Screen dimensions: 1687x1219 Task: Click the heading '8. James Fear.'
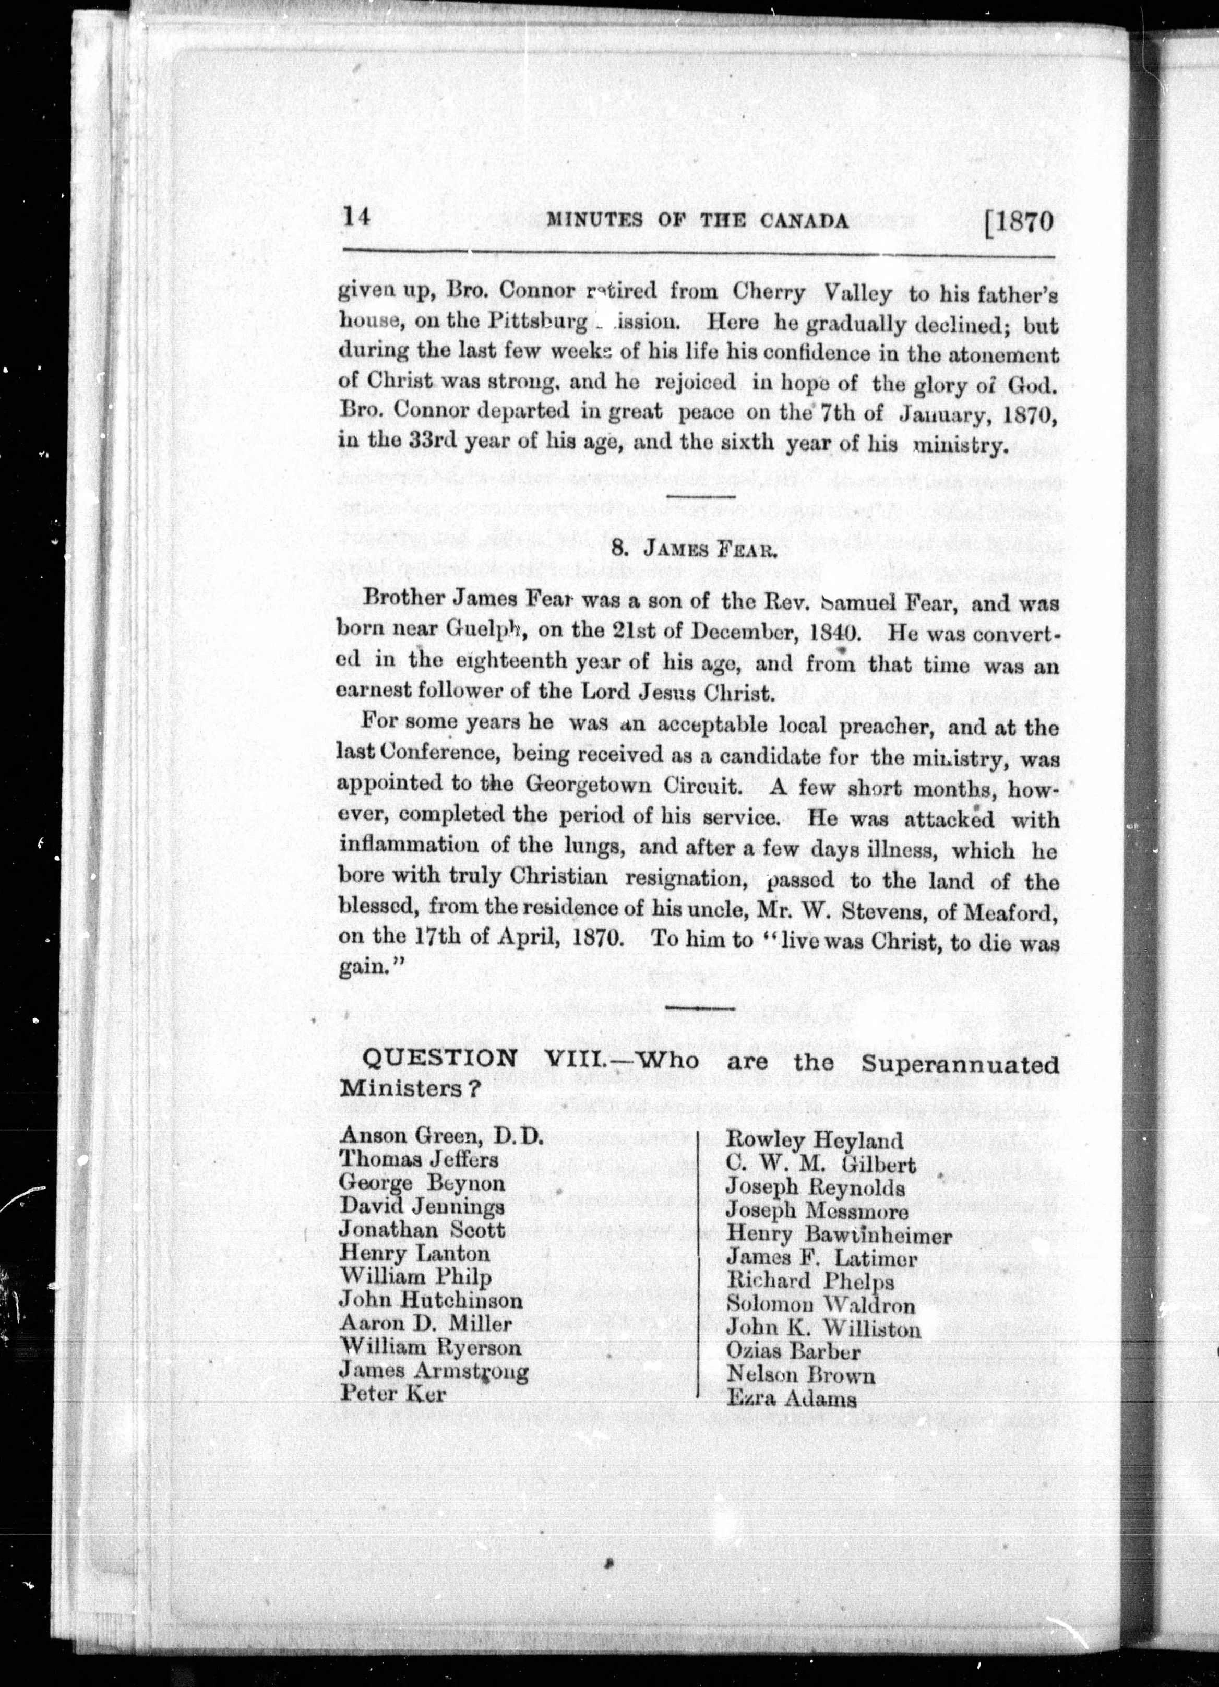(684, 550)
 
